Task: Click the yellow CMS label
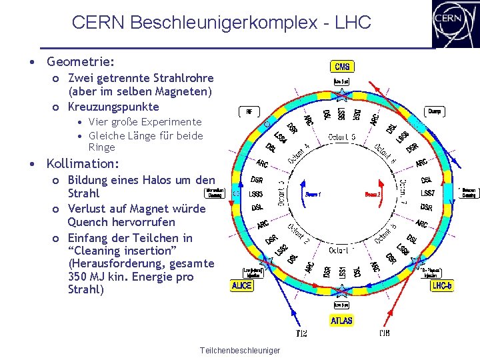pyautogui.click(x=342, y=67)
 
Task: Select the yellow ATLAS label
pyautogui.click(x=341, y=321)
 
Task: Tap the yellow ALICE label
pyautogui.click(x=242, y=285)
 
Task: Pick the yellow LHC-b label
pyautogui.click(x=442, y=285)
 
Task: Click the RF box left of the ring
pyautogui.click(x=249, y=111)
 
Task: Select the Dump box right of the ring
pyautogui.click(x=435, y=111)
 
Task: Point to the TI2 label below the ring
pyautogui.click(x=301, y=333)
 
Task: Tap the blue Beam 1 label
pyautogui.click(x=313, y=194)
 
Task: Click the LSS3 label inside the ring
pyautogui.click(x=256, y=194)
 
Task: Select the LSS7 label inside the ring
pyautogui.click(x=427, y=194)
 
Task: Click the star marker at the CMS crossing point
pyautogui.click(x=341, y=93)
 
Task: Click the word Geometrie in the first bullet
pyautogui.click(x=80, y=62)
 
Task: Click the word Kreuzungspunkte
pyautogui.click(x=113, y=107)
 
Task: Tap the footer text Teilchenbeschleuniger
pyautogui.click(x=239, y=351)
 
